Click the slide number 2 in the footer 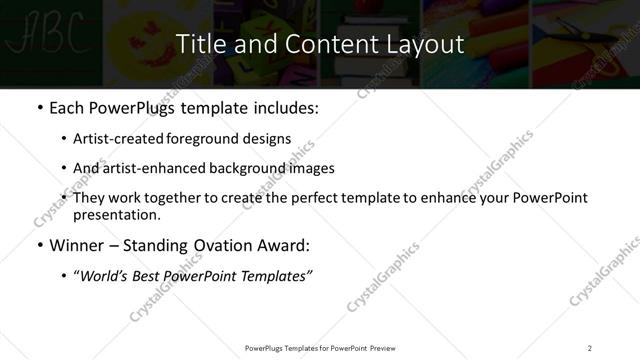tap(590, 348)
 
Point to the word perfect tap(309, 198)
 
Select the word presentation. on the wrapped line tap(116, 215)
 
